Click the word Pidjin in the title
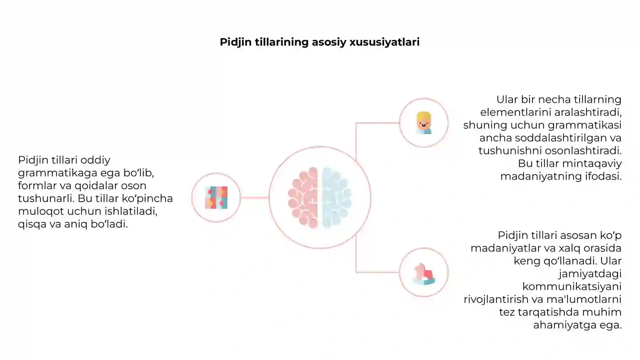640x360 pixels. (x=236, y=42)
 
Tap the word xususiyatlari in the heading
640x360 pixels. (x=384, y=42)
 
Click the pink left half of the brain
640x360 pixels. (x=303, y=198)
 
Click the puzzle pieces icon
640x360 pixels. (x=216, y=198)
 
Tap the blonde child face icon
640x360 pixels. (x=424, y=123)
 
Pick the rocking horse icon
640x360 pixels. (x=424, y=274)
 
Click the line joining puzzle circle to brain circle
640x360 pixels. (x=254, y=198)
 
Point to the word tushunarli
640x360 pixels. (x=46, y=198)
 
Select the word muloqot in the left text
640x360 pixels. (x=41, y=212)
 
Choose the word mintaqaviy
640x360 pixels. (x=592, y=164)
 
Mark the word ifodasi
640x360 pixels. (x=604, y=176)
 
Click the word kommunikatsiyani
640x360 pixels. (x=572, y=286)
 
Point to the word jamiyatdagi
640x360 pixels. (x=590, y=274)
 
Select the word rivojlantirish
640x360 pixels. (x=496, y=299)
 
